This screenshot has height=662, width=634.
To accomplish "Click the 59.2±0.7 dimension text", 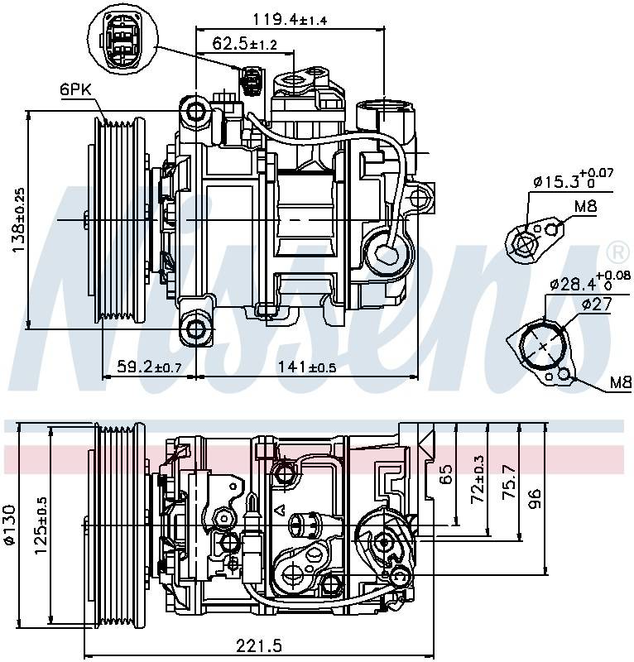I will tap(149, 366).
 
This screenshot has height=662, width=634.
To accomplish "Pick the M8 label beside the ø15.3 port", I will tap(585, 206).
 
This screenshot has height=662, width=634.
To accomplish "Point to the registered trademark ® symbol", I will tap(617, 251).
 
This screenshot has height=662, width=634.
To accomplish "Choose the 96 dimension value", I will tap(535, 498).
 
